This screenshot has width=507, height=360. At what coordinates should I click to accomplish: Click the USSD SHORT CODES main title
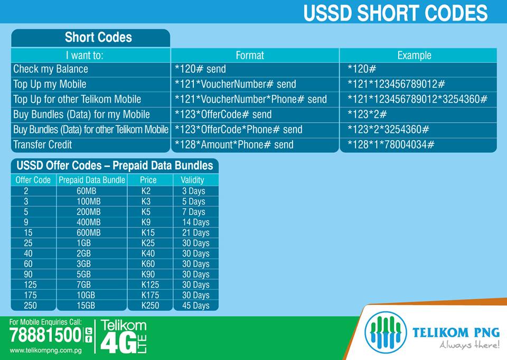click(395, 13)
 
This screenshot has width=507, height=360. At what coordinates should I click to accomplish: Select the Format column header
click(249, 55)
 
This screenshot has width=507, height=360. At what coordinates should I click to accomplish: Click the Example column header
click(414, 55)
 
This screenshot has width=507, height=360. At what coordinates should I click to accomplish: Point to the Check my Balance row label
click(51, 69)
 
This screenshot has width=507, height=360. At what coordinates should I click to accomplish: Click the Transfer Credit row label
click(42, 144)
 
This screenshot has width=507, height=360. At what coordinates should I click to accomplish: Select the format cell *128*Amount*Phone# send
click(234, 144)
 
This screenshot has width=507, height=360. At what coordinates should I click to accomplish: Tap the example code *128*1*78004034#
click(391, 144)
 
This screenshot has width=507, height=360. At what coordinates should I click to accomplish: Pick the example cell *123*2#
click(367, 114)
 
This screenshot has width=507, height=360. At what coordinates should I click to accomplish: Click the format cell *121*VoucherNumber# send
click(235, 84)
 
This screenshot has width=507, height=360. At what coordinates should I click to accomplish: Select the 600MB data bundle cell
click(88, 233)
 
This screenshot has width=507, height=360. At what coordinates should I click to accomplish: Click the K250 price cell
click(150, 306)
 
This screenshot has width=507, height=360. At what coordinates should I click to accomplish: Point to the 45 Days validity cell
click(195, 306)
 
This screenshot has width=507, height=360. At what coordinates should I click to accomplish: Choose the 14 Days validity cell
click(195, 223)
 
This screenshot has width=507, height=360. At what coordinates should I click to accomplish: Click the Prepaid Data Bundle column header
click(92, 180)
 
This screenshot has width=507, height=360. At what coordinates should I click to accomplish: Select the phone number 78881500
click(45, 335)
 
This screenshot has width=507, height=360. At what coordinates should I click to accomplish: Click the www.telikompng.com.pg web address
click(45, 350)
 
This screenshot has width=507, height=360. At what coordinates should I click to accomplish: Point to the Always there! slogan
click(470, 345)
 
